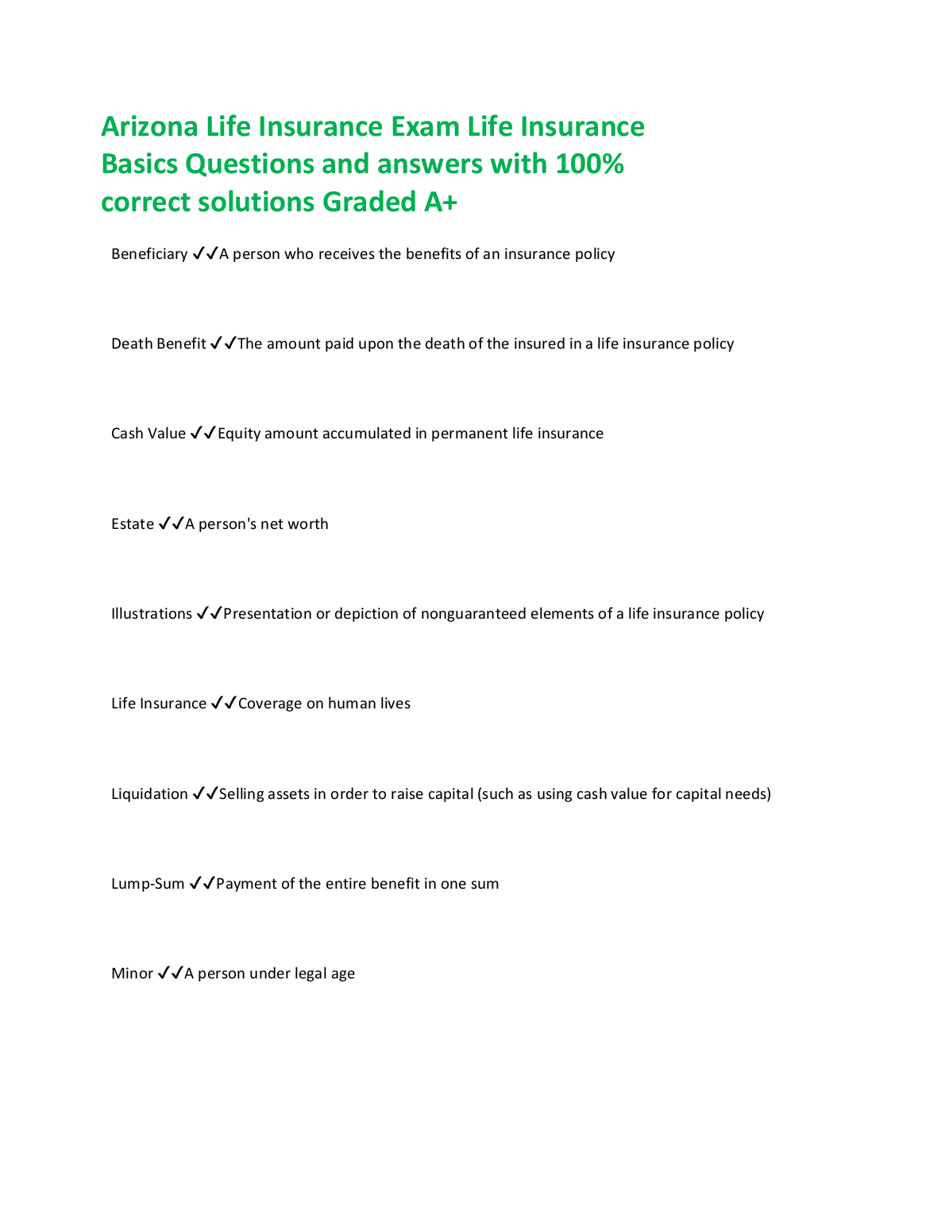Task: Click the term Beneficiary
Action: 149,254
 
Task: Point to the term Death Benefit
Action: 159,344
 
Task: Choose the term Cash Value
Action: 148,434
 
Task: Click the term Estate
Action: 133,524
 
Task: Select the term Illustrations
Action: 152,614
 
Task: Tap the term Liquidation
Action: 149,794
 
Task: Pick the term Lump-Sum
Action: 148,884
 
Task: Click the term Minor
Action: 132,974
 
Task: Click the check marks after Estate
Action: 171,523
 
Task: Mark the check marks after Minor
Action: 170,973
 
